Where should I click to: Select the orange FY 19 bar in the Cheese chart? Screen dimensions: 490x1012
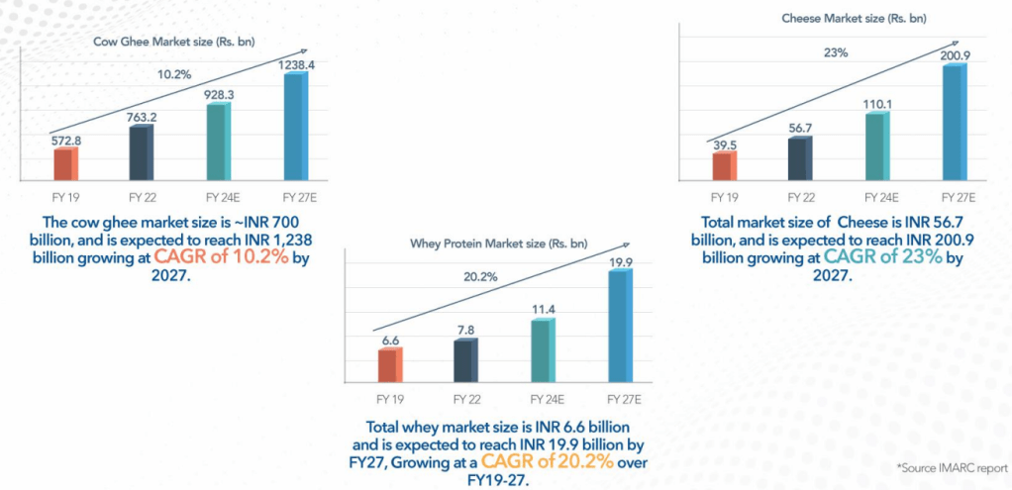(x=725, y=166)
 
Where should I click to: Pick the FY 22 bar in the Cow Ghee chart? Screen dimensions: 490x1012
(x=142, y=149)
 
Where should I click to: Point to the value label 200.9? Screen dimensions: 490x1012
(x=955, y=56)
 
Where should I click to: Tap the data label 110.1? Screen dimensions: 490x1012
(x=878, y=104)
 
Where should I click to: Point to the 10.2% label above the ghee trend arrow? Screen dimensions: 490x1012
(x=173, y=74)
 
